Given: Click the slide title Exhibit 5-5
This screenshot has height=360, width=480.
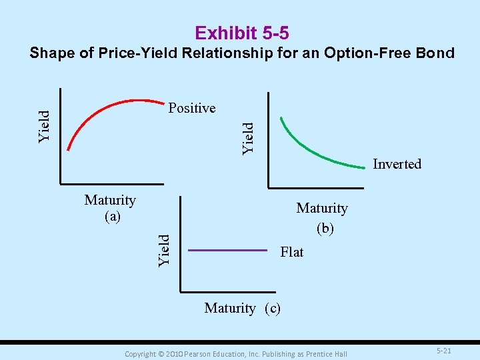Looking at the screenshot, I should pos(241,33).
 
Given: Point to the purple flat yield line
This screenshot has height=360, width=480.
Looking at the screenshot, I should pos(227,251).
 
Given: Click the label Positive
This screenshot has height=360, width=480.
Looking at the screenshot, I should pos(192,108).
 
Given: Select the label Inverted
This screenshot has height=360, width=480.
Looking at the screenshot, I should pos(397,164).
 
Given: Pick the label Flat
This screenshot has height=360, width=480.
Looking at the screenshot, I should pos(292,252).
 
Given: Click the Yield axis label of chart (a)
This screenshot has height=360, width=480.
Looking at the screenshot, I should pos(45,126).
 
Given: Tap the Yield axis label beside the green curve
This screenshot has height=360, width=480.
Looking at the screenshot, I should pos(248,138).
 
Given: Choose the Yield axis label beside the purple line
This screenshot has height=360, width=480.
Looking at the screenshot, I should pos(164,251).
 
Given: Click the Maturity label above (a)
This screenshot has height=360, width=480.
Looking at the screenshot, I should pos(110,201).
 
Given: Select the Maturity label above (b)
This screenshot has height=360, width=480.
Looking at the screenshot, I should pos(322,209).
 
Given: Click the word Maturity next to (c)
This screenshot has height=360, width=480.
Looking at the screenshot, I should pos(230,308).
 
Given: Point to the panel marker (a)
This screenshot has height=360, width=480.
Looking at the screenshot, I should pos(111,217).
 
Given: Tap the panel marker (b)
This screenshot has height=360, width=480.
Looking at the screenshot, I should pos(325,228).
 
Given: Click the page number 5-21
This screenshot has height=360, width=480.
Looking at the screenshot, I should pos(444,351).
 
